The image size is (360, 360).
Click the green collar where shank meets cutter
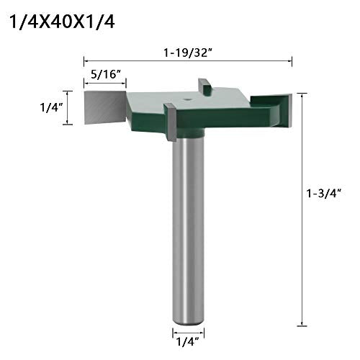coord(189,133)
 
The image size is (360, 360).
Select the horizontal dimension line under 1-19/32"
coord(188,61)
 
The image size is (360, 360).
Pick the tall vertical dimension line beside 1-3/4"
coord(301,209)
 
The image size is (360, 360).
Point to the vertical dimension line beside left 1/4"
coord(69,108)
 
